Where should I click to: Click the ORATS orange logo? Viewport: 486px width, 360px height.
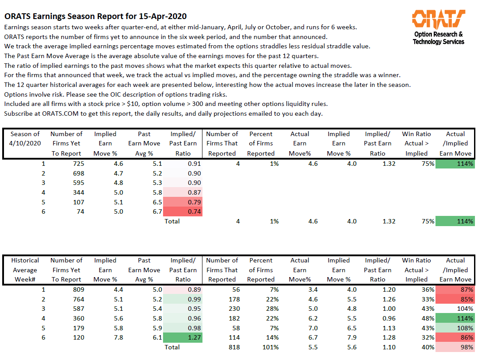pyautogui.click(x=438, y=19)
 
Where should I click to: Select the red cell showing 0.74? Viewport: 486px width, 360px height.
pyautogui.click(x=183, y=211)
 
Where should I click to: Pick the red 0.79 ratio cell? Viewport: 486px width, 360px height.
pyautogui.click(x=183, y=202)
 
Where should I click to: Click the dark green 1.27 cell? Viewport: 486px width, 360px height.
pyautogui.click(x=183, y=337)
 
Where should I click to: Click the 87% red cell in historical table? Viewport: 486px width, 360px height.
pyautogui.click(x=455, y=290)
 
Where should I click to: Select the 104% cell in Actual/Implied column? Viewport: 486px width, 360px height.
pyautogui.click(x=455, y=309)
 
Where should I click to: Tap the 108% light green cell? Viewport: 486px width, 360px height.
pyautogui.click(x=455, y=328)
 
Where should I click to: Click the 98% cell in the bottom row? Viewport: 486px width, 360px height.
pyautogui.click(x=455, y=347)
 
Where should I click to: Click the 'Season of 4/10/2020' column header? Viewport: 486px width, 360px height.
pyautogui.click(x=25, y=139)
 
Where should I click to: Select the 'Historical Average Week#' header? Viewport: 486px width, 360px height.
pyautogui.click(x=25, y=270)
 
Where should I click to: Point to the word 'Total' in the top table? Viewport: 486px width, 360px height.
pyautogui.click(x=172, y=221)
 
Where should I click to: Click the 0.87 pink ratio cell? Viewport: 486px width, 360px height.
pyautogui.click(x=183, y=192)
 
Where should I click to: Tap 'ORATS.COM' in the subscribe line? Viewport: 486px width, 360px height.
pyautogui.click(x=60, y=113)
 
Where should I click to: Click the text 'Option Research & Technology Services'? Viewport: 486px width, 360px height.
pyautogui.click(x=438, y=38)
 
